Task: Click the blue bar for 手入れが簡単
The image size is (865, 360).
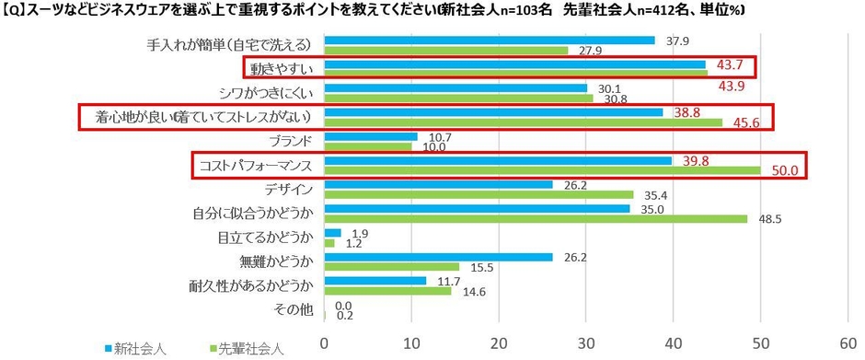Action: [490, 41]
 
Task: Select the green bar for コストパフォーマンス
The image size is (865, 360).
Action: [542, 169]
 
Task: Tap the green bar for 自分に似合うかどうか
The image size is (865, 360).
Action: [536, 218]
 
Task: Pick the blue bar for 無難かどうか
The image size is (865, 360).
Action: [439, 258]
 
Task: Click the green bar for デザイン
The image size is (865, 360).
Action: [479, 194]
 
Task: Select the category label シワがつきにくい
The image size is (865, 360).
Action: [266, 92]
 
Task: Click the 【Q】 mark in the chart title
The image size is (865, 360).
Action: [17, 12]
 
